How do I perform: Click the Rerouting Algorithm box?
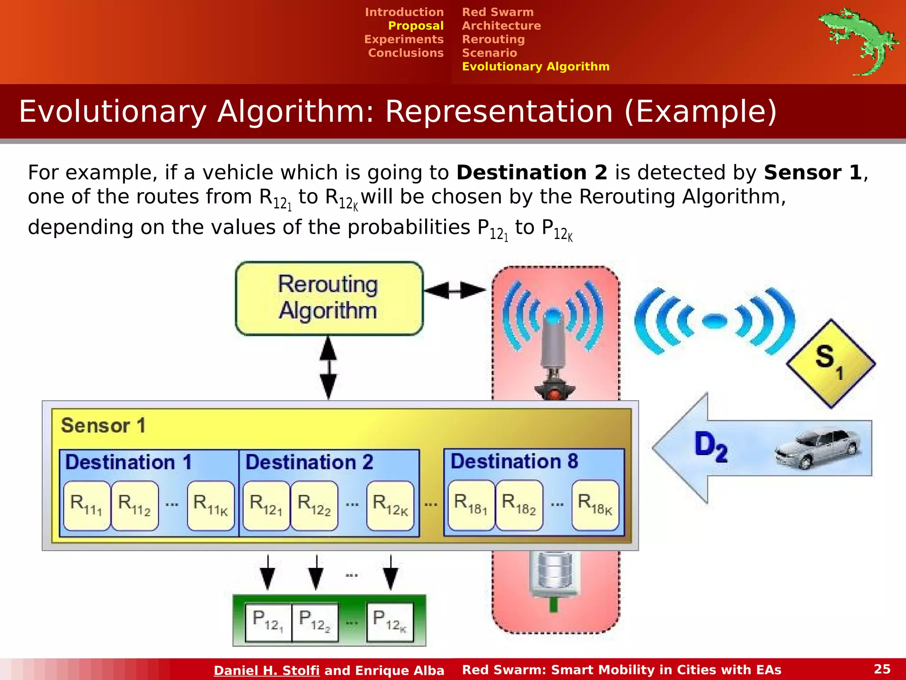[329, 298]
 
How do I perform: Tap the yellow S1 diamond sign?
[830, 363]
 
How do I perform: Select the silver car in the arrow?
[818, 448]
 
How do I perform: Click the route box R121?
[266, 505]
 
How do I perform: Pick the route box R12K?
[390, 505]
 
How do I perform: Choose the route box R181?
[471, 505]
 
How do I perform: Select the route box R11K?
[211, 505]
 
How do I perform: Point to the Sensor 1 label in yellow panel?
[103, 425]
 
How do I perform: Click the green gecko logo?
[857, 40]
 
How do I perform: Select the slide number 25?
[882, 669]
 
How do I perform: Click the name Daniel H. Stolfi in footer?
[266, 670]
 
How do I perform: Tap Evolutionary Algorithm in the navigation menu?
[535, 66]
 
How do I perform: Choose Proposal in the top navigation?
[415, 26]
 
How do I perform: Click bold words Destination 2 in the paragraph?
[532, 173]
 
